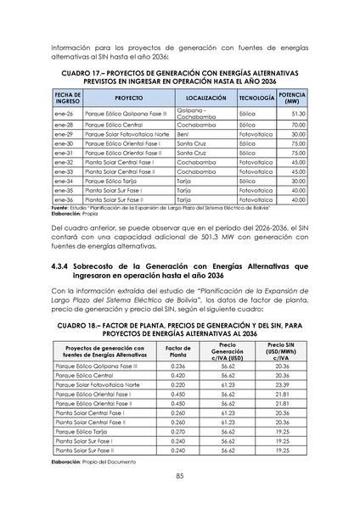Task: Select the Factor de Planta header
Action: click(178, 354)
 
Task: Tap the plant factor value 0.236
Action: click(177, 365)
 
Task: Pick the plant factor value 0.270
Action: click(177, 432)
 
